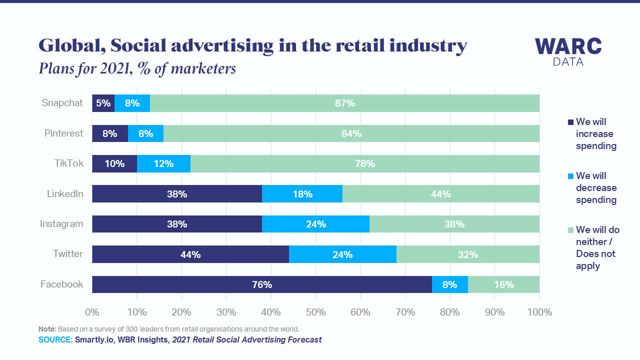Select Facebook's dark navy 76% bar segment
point(261,284)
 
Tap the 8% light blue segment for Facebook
point(449,284)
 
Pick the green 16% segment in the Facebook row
point(503,284)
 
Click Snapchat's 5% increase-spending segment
point(103,103)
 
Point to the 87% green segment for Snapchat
point(344,103)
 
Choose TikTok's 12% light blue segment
point(163,163)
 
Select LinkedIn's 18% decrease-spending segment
point(302,194)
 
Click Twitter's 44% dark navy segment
point(190,254)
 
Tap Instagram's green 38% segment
point(454,224)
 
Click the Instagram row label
point(61,224)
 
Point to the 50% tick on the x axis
point(315,312)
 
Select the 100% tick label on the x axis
point(539,312)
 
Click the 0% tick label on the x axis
point(92,312)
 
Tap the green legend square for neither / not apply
point(570,230)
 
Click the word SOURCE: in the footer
point(55,340)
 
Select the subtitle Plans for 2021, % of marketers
point(137,68)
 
